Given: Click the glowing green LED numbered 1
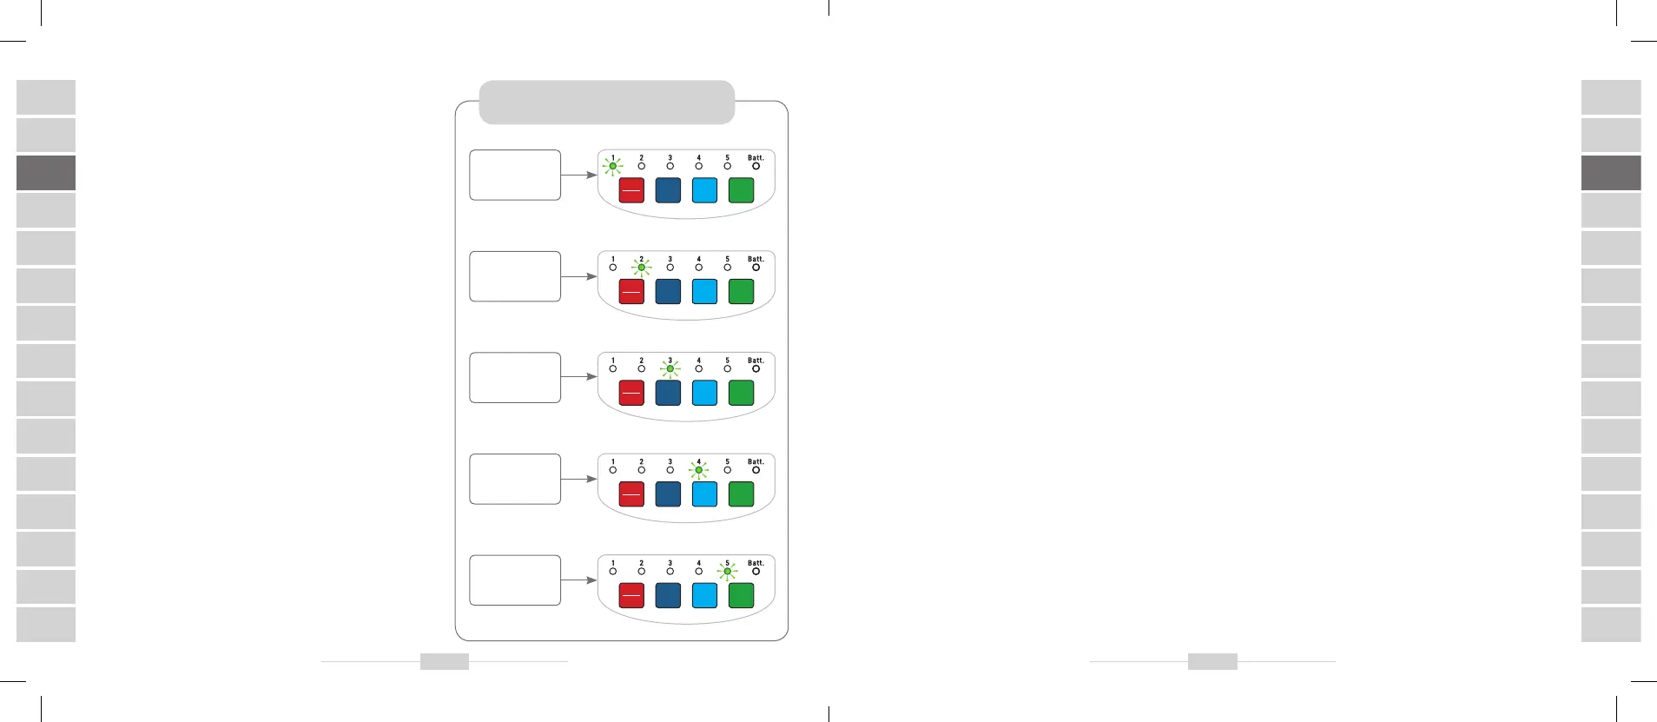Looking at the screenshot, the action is [x=612, y=166].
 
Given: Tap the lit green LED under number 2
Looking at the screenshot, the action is [x=642, y=268].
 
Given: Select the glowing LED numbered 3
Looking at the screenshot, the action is [x=670, y=368].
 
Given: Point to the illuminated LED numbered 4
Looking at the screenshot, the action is [x=698, y=470].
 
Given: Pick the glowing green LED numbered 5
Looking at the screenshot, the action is [x=728, y=572].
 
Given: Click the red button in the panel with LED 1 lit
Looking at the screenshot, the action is [x=631, y=190].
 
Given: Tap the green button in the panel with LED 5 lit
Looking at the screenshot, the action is [x=741, y=595].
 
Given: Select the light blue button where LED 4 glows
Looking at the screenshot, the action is [x=704, y=493].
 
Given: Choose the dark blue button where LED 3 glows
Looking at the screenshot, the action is [x=668, y=393].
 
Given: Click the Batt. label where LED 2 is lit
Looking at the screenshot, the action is [x=756, y=259].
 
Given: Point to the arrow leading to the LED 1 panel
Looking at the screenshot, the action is [x=578, y=175].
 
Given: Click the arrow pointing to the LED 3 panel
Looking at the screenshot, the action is [x=578, y=377].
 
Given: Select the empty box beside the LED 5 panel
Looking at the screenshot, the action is [x=515, y=580].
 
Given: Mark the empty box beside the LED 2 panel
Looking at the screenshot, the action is [x=515, y=276].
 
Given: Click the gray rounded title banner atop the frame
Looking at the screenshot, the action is [x=607, y=103].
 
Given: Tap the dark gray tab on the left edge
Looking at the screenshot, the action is [x=46, y=173].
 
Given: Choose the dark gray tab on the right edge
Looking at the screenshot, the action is [x=1611, y=173].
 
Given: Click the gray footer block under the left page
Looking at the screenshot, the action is [x=445, y=662].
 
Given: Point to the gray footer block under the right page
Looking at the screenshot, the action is [x=1212, y=662].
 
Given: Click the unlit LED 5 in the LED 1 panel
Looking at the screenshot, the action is [x=728, y=166].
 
